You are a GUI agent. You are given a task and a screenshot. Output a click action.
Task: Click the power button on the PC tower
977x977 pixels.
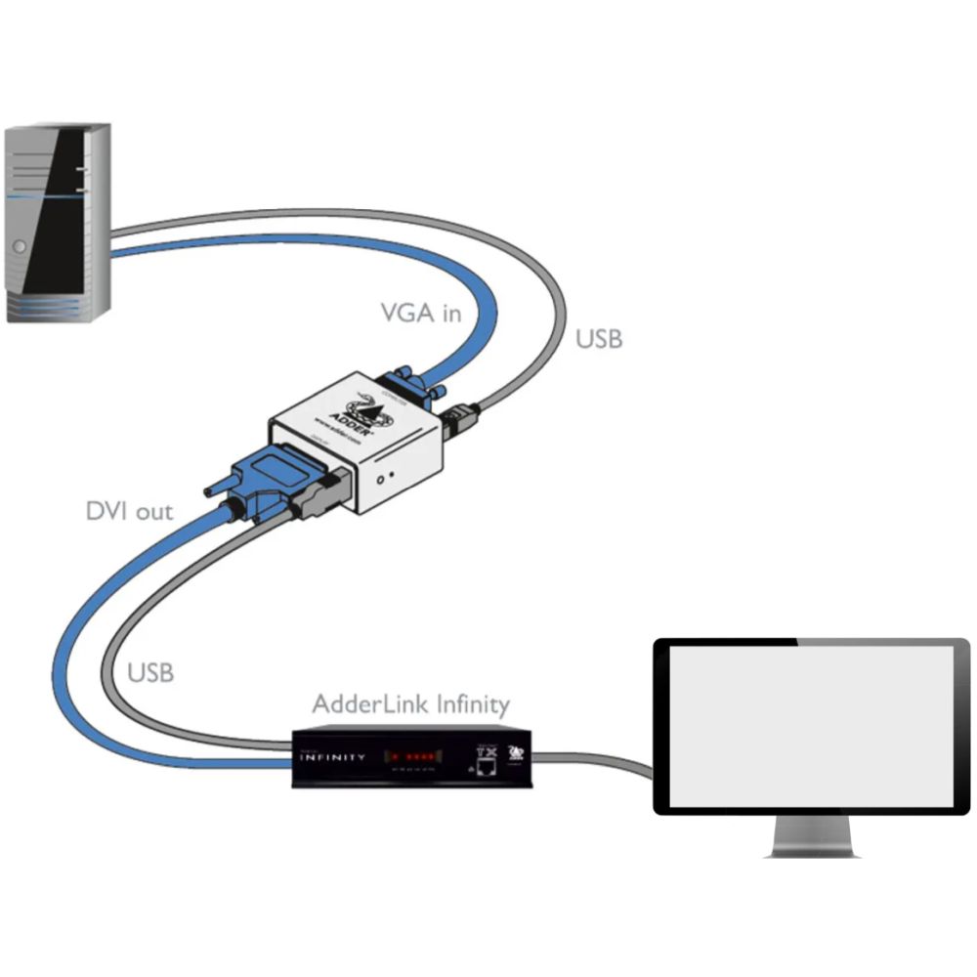pos(20,246)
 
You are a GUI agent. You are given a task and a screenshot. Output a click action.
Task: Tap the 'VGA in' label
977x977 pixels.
pos(420,314)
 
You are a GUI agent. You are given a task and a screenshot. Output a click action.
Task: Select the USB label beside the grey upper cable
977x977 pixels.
pos(598,339)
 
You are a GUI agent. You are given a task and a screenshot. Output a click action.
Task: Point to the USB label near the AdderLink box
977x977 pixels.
pos(150,673)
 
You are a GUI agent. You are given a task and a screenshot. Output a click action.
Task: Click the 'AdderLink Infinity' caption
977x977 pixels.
pos(410,703)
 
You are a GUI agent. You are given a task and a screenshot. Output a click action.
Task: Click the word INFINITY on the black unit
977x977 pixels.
pos(333,757)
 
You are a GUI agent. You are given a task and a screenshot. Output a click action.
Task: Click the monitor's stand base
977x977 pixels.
pos(812,850)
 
